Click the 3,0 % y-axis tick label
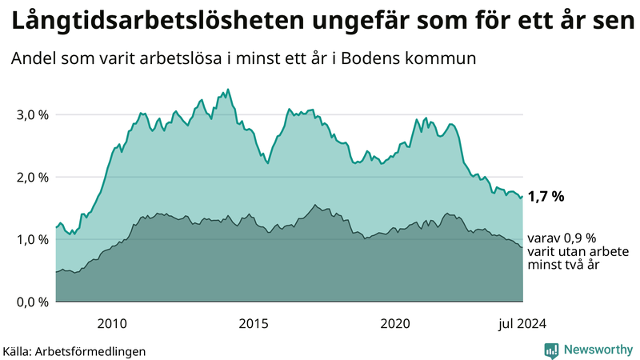[x=32, y=114]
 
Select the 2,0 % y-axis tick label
[x=32, y=177]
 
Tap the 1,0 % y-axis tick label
[x=32, y=239]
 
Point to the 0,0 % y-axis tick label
[x=32, y=302]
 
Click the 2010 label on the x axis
[x=112, y=323]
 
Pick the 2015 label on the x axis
[x=254, y=323]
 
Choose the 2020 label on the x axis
[x=395, y=323]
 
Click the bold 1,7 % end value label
[x=546, y=196]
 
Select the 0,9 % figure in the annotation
[x=580, y=238]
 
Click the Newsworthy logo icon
[x=552, y=350]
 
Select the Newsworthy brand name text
[x=597, y=350]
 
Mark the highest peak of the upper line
[x=229, y=90]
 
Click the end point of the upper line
[x=522, y=196]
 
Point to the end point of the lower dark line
[x=522, y=247]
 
